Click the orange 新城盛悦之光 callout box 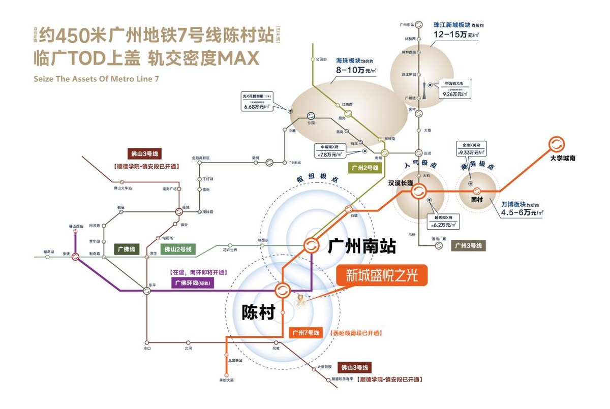[x=382, y=275]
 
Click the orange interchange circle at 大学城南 [x=556, y=144]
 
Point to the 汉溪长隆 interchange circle [x=418, y=192]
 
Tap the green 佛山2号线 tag [x=177, y=249]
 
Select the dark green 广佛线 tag [x=127, y=249]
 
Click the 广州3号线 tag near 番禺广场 [x=468, y=245]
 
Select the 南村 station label [x=477, y=200]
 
